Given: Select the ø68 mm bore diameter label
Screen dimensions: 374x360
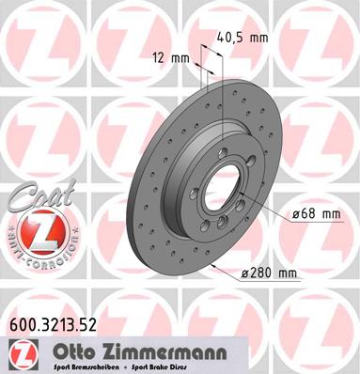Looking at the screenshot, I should click(x=315, y=214).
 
